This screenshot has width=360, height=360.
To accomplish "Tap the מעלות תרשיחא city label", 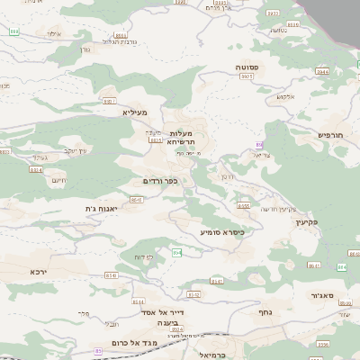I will [x=187, y=138].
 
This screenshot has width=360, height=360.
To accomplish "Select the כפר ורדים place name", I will [x=160, y=181].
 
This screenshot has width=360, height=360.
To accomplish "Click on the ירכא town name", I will [x=37, y=271].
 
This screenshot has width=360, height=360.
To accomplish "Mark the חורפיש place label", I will [x=331, y=135].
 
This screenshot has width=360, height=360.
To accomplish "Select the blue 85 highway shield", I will [x=98, y=351].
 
